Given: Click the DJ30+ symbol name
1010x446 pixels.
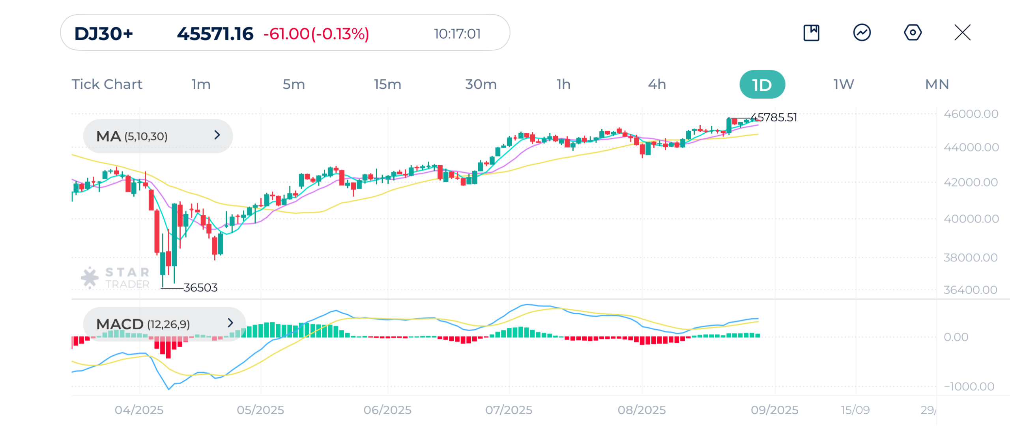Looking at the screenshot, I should click(103, 34).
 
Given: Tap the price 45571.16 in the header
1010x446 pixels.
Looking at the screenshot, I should click(215, 34).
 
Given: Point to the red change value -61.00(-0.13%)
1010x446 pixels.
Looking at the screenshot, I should click(316, 34).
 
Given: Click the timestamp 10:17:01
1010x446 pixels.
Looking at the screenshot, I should click(457, 34).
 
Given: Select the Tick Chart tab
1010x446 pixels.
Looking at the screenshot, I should click(107, 84).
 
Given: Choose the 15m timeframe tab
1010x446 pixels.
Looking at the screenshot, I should click(387, 84).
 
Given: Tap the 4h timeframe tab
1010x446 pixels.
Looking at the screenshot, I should click(657, 84).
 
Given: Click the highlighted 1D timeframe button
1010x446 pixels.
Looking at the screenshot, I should click(762, 84).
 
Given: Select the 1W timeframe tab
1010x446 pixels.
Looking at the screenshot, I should click(844, 84).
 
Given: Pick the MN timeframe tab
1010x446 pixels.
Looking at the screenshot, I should click(937, 84).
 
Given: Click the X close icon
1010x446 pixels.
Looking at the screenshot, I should click(962, 32).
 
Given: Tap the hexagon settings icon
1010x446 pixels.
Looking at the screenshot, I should click(913, 32).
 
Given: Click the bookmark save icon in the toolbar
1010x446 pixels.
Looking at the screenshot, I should click(811, 32).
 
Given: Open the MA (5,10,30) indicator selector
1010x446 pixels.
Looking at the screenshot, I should click(158, 136).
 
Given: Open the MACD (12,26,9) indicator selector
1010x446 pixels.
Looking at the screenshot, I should click(165, 324).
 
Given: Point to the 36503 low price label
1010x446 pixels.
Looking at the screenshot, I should click(200, 287).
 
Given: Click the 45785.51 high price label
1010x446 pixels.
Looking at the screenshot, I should click(773, 117).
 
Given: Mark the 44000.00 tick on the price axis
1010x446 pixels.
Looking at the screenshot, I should click(971, 147).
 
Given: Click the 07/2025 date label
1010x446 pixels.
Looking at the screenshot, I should click(509, 410).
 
